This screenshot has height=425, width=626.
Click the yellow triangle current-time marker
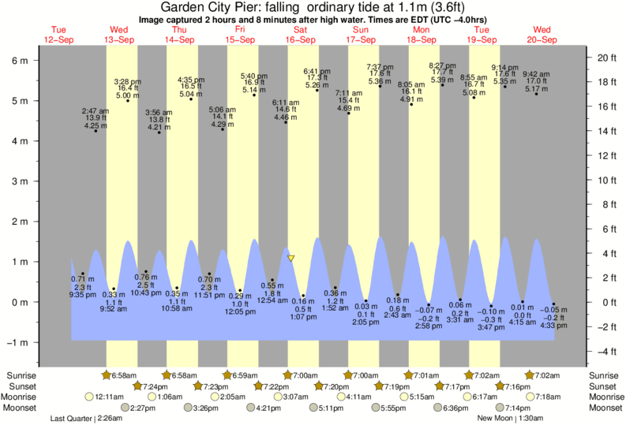pyautogui.click(x=291, y=258)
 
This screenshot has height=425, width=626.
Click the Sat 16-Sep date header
pyautogui.click(x=301, y=35)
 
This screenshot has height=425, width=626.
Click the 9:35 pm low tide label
pyautogui.click(x=82, y=293)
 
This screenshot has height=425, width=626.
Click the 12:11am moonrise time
pyautogui.click(x=109, y=397)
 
